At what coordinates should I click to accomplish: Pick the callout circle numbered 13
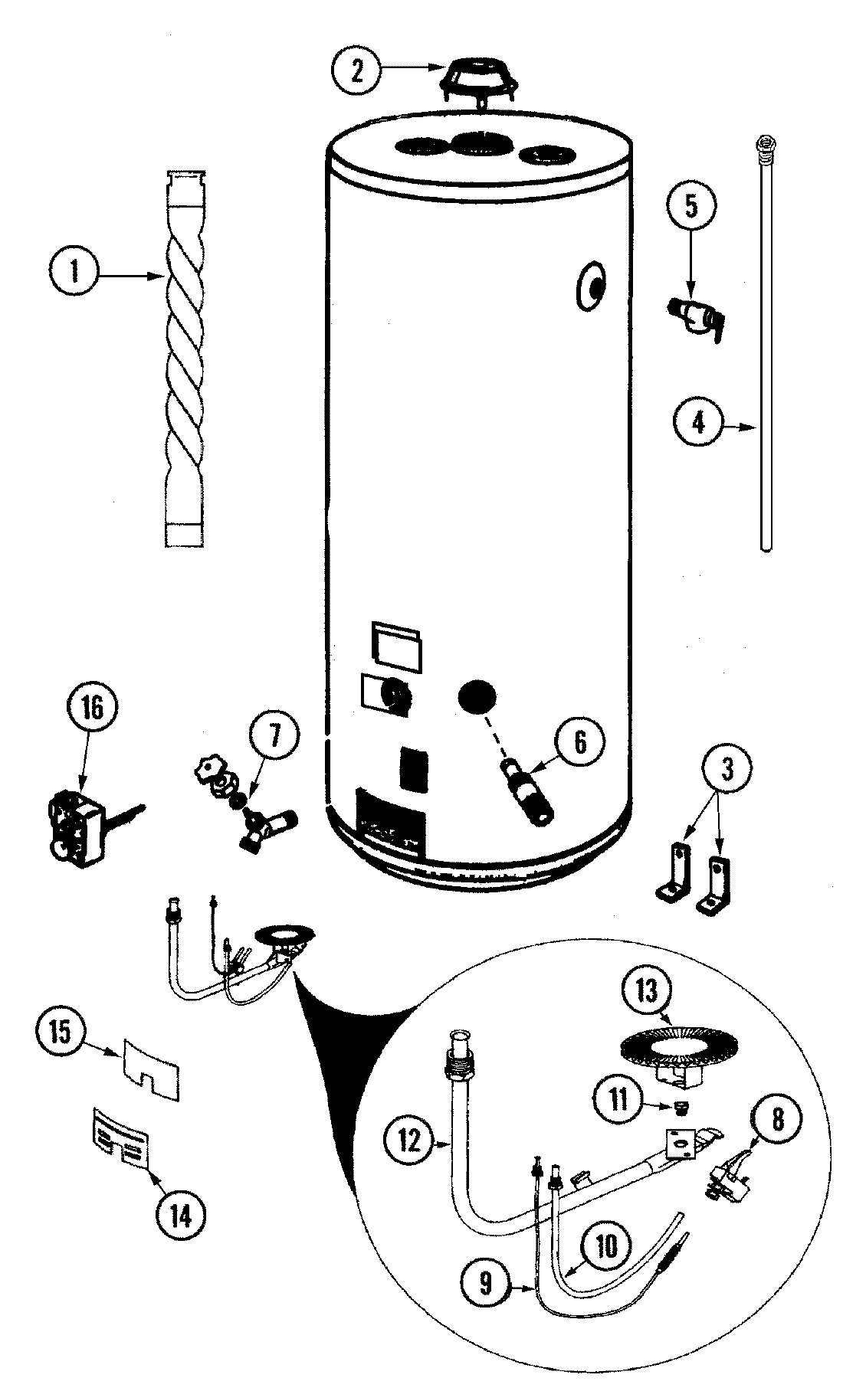pyautogui.click(x=647, y=993)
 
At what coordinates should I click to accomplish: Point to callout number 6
pyautogui.click(x=580, y=742)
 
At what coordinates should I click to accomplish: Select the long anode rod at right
pyautogui.click(x=765, y=345)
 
